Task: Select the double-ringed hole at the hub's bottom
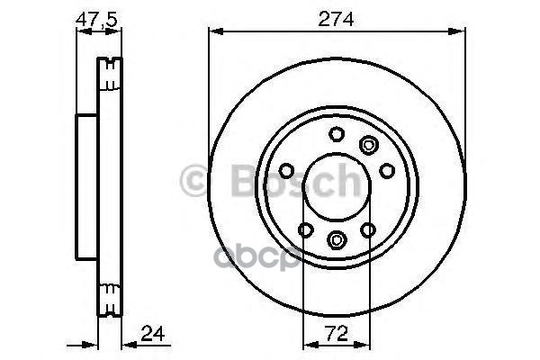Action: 337,238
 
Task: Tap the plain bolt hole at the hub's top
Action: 337,134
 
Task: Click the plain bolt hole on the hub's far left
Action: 286,171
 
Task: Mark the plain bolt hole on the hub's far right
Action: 387,170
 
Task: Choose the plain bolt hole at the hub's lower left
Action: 305,230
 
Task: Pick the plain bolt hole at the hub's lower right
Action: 368,230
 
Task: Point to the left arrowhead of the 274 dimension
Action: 214,30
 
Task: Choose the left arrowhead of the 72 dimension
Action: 307,342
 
